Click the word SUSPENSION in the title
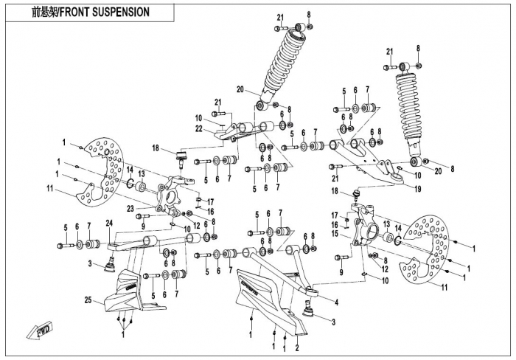click(x=118, y=13)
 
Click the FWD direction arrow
click(x=36, y=330)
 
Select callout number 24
click(x=109, y=223)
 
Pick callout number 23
click(x=130, y=209)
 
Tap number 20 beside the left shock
click(x=240, y=90)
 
